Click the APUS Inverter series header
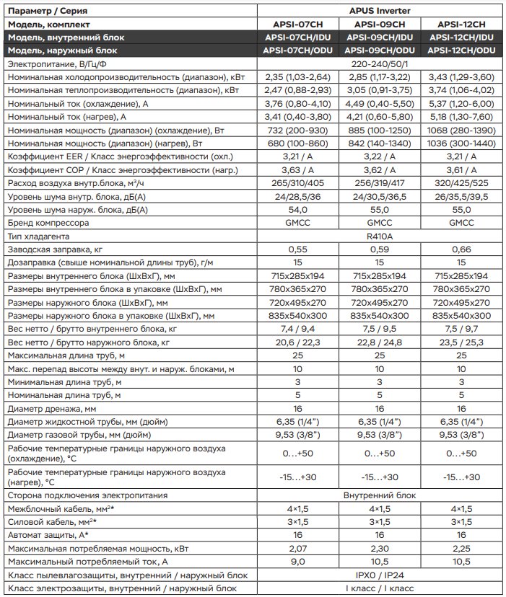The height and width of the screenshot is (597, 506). coord(380,10)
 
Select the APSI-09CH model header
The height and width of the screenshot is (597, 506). coord(380,24)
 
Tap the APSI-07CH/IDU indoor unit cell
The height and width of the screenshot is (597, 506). coord(297,37)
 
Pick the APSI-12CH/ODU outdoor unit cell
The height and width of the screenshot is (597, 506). coord(461,50)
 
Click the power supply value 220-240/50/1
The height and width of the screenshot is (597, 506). coord(380,64)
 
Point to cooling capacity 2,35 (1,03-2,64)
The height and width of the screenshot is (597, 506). coord(297,77)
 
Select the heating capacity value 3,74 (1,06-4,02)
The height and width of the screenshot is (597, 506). coord(461,90)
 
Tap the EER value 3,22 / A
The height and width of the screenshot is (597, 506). coord(380,156)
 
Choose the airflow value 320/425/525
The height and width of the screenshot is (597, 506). coord(461,183)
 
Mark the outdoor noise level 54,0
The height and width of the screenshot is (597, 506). coord(297,210)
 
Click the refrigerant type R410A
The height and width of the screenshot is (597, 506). coord(380,236)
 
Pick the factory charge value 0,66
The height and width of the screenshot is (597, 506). coord(461,249)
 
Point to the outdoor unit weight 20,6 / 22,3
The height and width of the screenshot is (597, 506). coord(297,342)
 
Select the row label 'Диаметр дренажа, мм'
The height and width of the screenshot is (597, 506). coord(51,408)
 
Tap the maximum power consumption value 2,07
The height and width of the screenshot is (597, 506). coord(297,549)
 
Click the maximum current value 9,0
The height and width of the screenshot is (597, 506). coord(297,562)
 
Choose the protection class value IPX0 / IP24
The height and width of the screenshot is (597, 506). coord(380,575)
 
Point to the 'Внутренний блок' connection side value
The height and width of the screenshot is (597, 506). coord(380,495)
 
